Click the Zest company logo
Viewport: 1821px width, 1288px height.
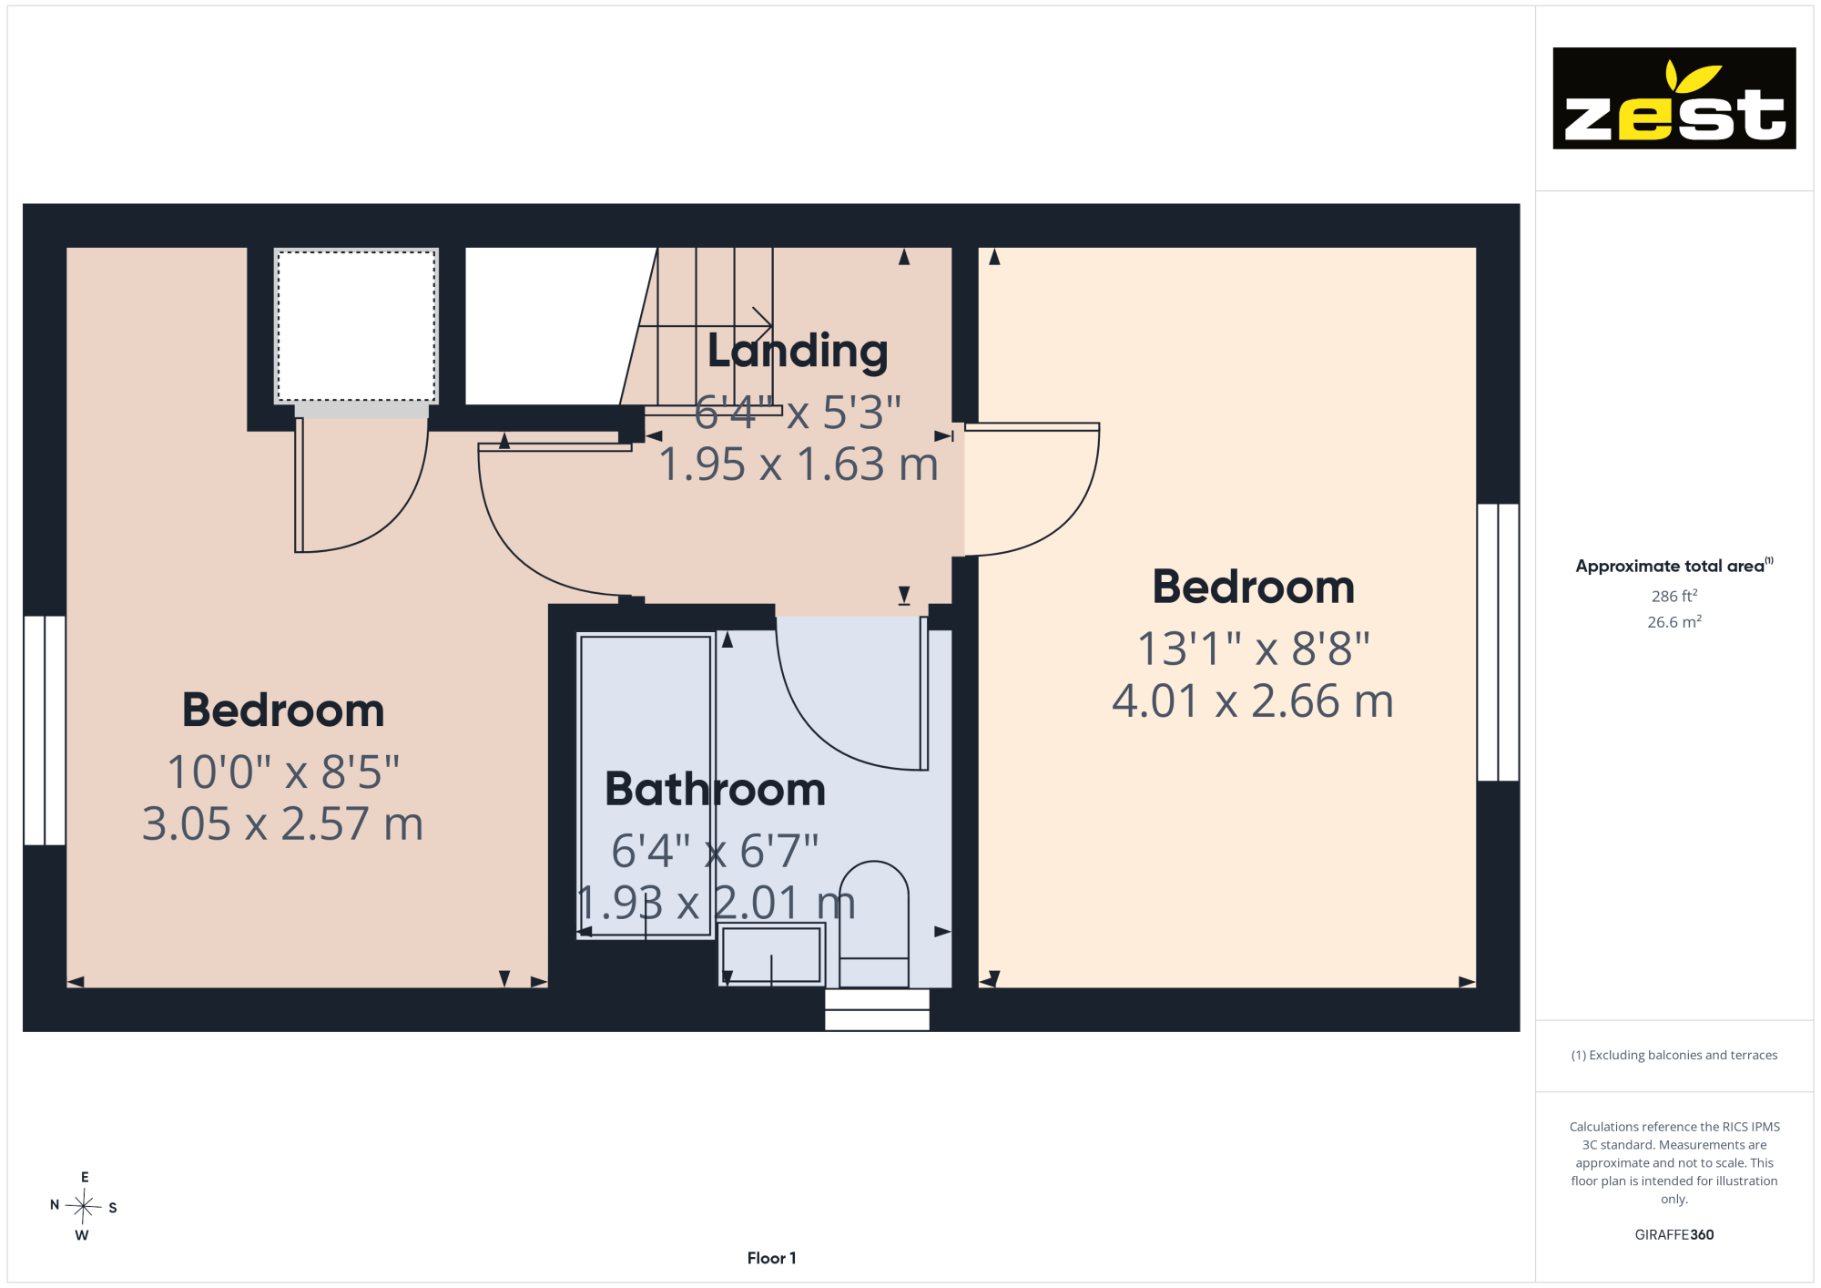(x=1673, y=98)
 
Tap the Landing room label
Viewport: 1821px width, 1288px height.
(x=798, y=351)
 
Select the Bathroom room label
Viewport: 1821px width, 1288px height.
(x=716, y=789)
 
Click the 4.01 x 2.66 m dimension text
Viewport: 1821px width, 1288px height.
(x=1253, y=701)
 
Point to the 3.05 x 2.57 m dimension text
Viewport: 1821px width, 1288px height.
(x=283, y=823)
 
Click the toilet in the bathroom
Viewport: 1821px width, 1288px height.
(x=874, y=924)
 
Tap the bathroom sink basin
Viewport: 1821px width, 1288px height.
(x=771, y=955)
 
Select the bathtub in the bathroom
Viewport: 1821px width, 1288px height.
(x=646, y=786)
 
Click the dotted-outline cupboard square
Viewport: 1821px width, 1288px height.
(x=356, y=326)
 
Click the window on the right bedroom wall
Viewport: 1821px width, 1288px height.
(x=1498, y=642)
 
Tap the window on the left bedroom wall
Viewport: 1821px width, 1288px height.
(x=45, y=731)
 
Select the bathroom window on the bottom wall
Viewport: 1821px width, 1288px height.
(x=877, y=1009)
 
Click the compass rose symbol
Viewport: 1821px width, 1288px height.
(x=84, y=1207)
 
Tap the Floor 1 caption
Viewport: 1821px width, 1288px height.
(x=771, y=1258)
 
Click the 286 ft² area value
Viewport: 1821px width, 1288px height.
(x=1674, y=596)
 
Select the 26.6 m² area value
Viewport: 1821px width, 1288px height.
(x=1674, y=622)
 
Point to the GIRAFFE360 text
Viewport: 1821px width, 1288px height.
(x=1674, y=1235)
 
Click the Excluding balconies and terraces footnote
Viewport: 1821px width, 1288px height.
(x=1674, y=1055)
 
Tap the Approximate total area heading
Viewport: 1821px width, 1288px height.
(x=1674, y=566)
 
